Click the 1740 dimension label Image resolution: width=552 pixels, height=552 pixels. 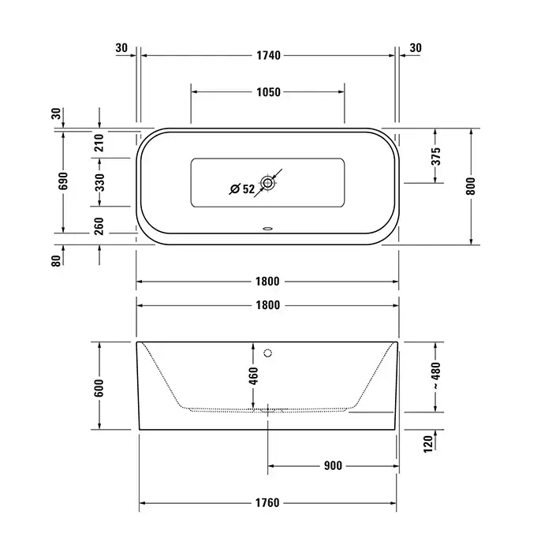point(268,56)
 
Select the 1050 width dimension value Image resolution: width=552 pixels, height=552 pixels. point(268,92)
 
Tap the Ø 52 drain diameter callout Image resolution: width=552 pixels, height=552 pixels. point(242,189)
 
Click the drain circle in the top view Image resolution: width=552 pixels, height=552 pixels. point(267,183)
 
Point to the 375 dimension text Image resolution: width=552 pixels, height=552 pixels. point(436,156)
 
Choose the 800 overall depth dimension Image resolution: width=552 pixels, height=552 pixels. point(470,186)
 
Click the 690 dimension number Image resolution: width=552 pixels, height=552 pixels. point(63,181)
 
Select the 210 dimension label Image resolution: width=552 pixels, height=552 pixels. point(99,143)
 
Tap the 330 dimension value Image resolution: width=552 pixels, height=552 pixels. point(99,182)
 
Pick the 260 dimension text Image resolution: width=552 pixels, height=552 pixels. point(99,226)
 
